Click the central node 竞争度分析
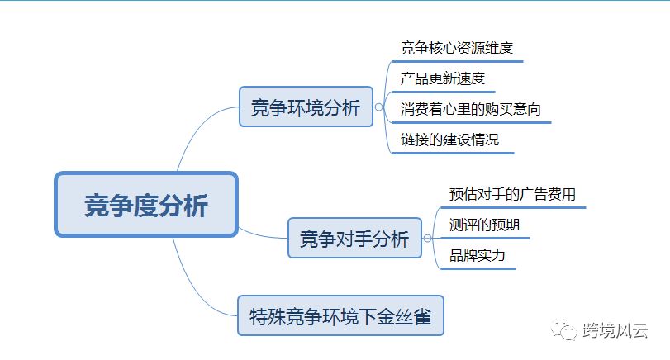pyautogui.click(x=146, y=204)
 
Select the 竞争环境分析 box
pyautogui.click(x=306, y=107)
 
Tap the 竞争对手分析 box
pyautogui.click(x=354, y=238)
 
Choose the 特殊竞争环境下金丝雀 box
pyautogui.click(x=340, y=315)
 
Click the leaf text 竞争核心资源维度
pyautogui.click(x=456, y=48)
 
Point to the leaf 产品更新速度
pyautogui.click(x=442, y=78)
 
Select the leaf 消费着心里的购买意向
pyautogui.click(x=470, y=109)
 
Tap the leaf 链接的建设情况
pyautogui.click(x=449, y=140)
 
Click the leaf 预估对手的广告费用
pyautogui.click(x=512, y=194)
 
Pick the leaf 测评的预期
pyautogui.click(x=484, y=225)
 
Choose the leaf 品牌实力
pyautogui.click(x=477, y=255)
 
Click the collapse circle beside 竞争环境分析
pyautogui.click(x=378, y=107)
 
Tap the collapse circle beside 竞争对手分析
pyautogui.click(x=427, y=239)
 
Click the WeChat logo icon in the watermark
pyautogui.click(x=563, y=329)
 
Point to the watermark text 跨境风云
pyautogui.click(x=615, y=330)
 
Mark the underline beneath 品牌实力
pyautogui.click(x=478, y=268)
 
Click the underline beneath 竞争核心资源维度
pyautogui.click(x=457, y=61)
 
